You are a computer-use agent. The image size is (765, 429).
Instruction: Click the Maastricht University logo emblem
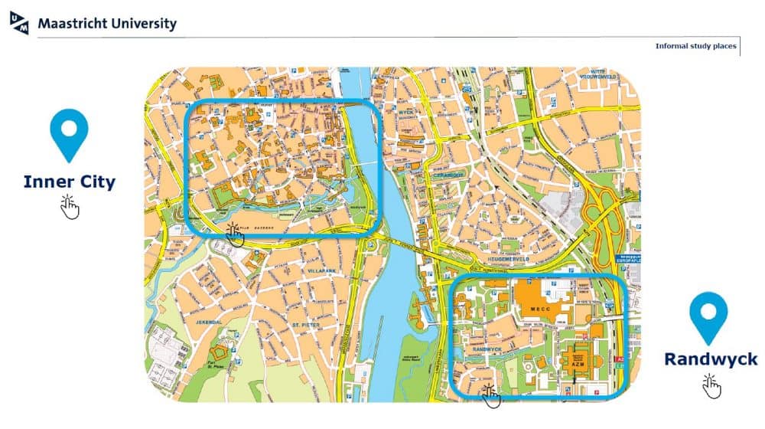(19, 22)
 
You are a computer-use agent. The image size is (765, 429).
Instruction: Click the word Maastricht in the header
(71, 24)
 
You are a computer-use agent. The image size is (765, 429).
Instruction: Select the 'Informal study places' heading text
(695, 46)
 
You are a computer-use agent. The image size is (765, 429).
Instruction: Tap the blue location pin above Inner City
(69, 134)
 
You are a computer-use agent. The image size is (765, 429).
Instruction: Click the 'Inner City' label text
(69, 182)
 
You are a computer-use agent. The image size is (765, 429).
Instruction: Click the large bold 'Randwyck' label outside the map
(711, 359)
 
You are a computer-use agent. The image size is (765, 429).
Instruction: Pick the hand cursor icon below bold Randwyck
(711, 385)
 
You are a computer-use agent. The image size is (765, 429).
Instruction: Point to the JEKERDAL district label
(208, 323)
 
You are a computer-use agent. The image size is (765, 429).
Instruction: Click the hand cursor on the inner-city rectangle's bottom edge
(235, 233)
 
